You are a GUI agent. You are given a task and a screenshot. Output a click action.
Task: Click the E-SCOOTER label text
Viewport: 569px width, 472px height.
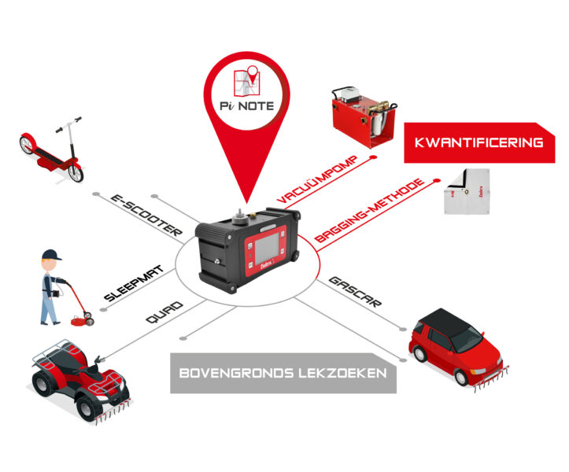pyautogui.click(x=146, y=216)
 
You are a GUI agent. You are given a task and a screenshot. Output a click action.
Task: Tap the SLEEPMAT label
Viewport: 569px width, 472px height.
pyautogui.click(x=135, y=283)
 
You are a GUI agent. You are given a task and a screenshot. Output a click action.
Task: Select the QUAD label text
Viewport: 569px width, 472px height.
pyautogui.click(x=164, y=312)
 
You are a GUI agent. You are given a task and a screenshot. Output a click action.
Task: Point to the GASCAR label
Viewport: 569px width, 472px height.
pyautogui.click(x=355, y=292)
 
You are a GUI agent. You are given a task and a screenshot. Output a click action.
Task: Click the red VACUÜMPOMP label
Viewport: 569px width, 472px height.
pyautogui.click(x=317, y=179)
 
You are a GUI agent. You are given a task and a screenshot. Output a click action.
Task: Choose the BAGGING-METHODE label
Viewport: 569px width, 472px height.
pyautogui.click(x=369, y=210)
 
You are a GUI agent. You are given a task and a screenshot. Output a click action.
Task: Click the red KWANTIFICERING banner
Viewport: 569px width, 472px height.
pyautogui.click(x=479, y=142)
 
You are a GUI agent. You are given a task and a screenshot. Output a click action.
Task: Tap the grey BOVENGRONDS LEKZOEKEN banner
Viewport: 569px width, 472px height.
pyautogui.click(x=283, y=373)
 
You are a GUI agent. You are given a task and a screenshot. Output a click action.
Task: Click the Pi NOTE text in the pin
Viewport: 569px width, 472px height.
pyautogui.click(x=247, y=106)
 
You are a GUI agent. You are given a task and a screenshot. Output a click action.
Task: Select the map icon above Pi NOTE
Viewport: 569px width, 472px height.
pyautogui.click(x=247, y=81)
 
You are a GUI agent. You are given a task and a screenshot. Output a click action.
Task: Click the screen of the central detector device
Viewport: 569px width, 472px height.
pyautogui.click(x=267, y=248)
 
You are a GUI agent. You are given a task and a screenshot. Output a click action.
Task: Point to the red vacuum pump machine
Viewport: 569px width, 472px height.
pyautogui.click(x=363, y=116)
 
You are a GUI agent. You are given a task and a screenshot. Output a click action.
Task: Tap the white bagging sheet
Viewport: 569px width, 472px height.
pyautogui.click(x=467, y=191)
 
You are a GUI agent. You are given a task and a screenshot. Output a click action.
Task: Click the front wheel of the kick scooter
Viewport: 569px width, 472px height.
pyautogui.click(x=76, y=173)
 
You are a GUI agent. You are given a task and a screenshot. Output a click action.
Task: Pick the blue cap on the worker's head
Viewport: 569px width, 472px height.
pyautogui.click(x=51, y=254)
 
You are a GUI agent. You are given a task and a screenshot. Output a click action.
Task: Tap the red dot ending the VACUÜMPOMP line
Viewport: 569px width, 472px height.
pyautogui.click(x=373, y=157)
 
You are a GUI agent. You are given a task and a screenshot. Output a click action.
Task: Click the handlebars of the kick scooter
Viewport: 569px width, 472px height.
pyautogui.click(x=69, y=124)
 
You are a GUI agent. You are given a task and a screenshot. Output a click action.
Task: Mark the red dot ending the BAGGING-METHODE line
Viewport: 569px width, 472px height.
pyautogui.click(x=437, y=180)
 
